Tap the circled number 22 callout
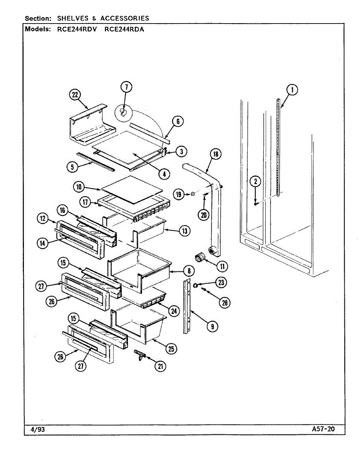[x=75, y=95]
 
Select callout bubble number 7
[x=126, y=87]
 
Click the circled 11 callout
[x=222, y=266]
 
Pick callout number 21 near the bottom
[x=160, y=366]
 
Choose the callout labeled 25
[x=171, y=348]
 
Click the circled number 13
[x=184, y=231]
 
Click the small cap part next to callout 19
[x=194, y=194]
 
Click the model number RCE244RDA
[x=124, y=29]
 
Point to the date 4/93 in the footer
[x=38, y=429]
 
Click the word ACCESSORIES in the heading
[x=124, y=18]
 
